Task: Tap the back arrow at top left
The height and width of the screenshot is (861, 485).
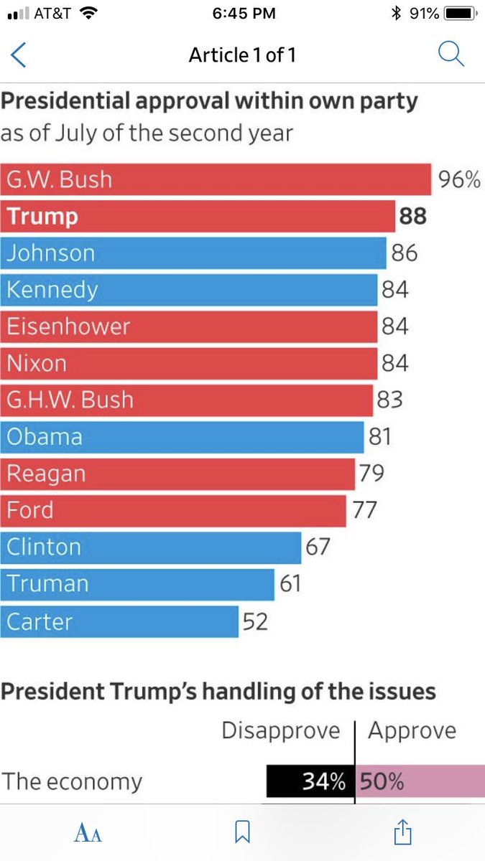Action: click(x=18, y=55)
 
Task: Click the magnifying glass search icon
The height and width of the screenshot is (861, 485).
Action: click(x=451, y=54)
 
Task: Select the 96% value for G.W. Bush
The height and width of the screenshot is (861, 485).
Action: click(x=459, y=179)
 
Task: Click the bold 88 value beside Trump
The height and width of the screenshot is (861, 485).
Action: click(x=412, y=216)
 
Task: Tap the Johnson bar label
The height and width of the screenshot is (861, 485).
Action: click(x=51, y=253)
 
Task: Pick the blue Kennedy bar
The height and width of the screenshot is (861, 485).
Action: click(x=188, y=290)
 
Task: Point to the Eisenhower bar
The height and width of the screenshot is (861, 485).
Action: click(x=188, y=326)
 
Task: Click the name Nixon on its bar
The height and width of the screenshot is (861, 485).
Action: click(x=37, y=363)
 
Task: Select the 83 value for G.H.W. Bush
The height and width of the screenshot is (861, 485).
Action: click(x=389, y=400)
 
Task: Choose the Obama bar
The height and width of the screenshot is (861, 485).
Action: click(x=182, y=437)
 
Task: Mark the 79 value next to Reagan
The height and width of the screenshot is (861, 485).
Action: click(x=371, y=473)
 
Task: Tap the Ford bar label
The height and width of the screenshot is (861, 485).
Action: click(x=29, y=510)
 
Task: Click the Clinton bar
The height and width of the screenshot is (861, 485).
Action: click(x=150, y=547)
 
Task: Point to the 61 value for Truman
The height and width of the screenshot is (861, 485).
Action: click(x=290, y=583)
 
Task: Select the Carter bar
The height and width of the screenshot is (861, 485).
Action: click(x=119, y=621)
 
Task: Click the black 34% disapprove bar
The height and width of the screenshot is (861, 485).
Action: click(x=310, y=781)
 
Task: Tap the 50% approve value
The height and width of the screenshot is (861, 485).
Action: click(x=382, y=781)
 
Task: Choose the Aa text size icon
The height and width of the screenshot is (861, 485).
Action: click(x=88, y=832)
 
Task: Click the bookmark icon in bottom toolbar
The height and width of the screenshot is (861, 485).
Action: click(x=243, y=832)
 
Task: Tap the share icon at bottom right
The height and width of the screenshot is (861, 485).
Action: click(x=402, y=832)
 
